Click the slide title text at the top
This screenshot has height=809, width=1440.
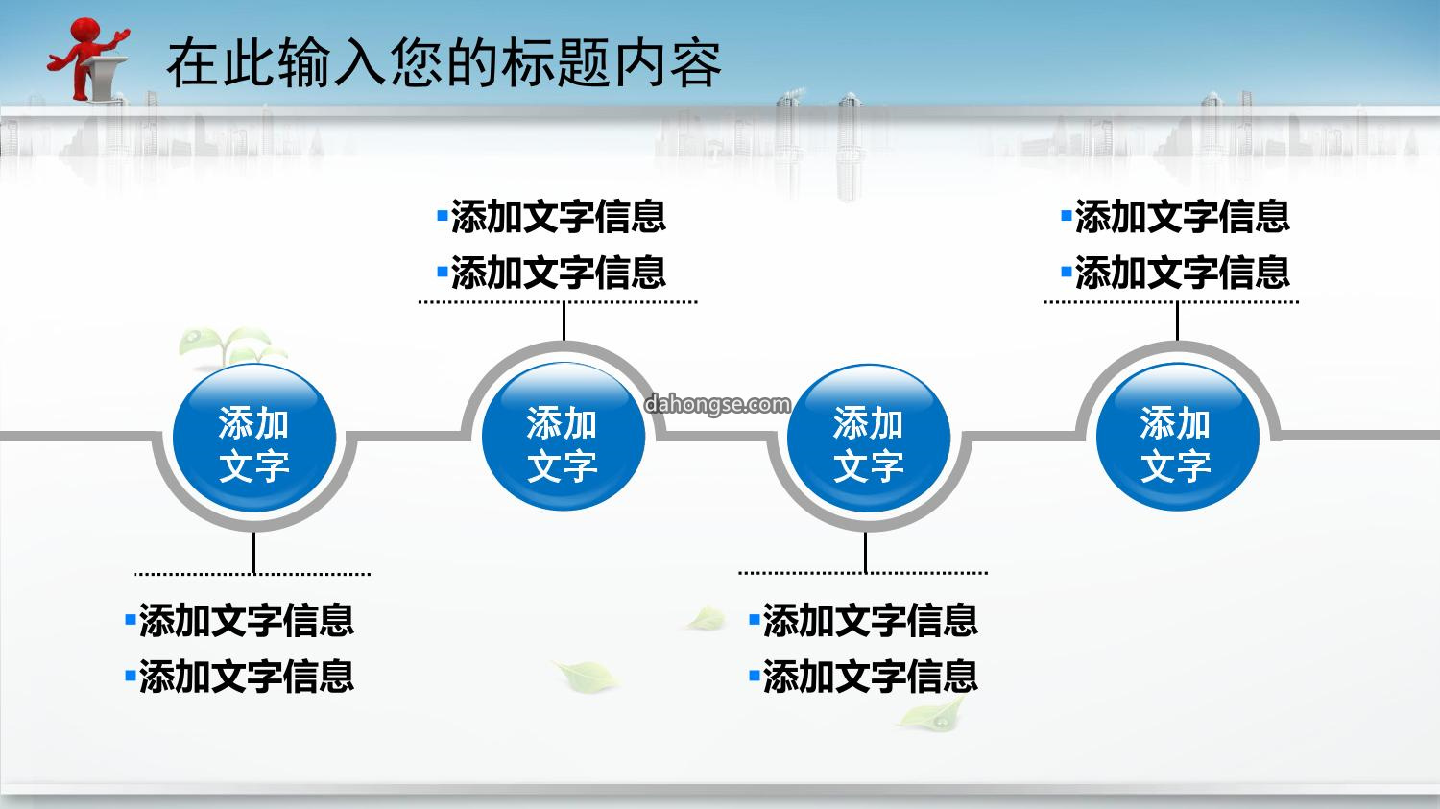click(444, 62)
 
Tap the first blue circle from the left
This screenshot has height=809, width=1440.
click(254, 438)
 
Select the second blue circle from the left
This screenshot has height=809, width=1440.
click(564, 437)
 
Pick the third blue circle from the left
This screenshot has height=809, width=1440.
click(869, 438)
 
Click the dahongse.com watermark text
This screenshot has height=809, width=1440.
click(717, 404)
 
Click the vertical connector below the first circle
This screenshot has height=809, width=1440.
click(254, 552)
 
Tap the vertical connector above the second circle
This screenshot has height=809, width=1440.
click(564, 321)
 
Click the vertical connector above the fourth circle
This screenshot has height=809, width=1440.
click(1177, 321)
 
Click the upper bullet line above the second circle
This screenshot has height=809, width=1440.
click(552, 216)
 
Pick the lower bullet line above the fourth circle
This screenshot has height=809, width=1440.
click(1176, 272)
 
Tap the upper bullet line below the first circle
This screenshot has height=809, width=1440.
click(240, 620)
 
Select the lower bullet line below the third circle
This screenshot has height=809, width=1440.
click(864, 676)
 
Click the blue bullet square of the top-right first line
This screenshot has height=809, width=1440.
click(1067, 215)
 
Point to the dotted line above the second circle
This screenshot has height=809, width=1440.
click(558, 301)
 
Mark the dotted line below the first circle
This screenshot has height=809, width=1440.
click(252, 574)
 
